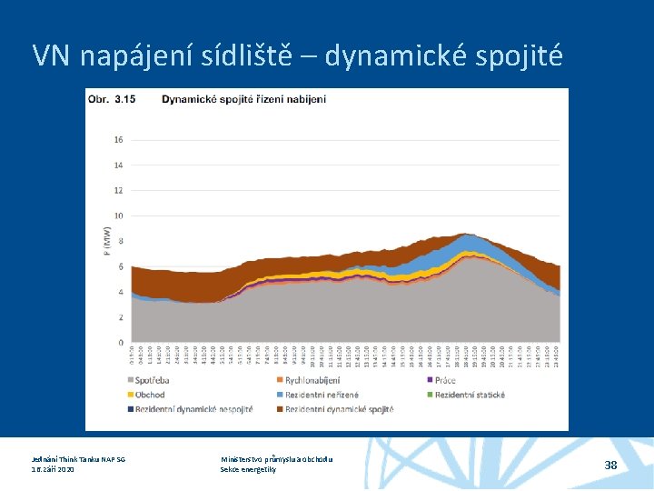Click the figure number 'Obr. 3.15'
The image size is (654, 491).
112,98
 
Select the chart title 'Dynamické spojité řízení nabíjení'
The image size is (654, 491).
243,98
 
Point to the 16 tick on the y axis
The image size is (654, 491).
118,140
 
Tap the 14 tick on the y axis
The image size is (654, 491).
118,165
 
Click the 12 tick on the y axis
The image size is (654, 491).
118,190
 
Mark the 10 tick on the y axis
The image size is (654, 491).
118,215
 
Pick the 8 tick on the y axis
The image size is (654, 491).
120,241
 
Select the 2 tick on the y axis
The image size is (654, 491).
120,317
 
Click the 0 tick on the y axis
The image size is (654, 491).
120,343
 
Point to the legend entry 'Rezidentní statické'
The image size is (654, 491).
469,395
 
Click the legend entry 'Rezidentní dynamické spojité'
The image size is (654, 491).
338,409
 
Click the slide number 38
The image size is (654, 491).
611,465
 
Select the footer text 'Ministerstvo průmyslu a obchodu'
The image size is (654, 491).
277,459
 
